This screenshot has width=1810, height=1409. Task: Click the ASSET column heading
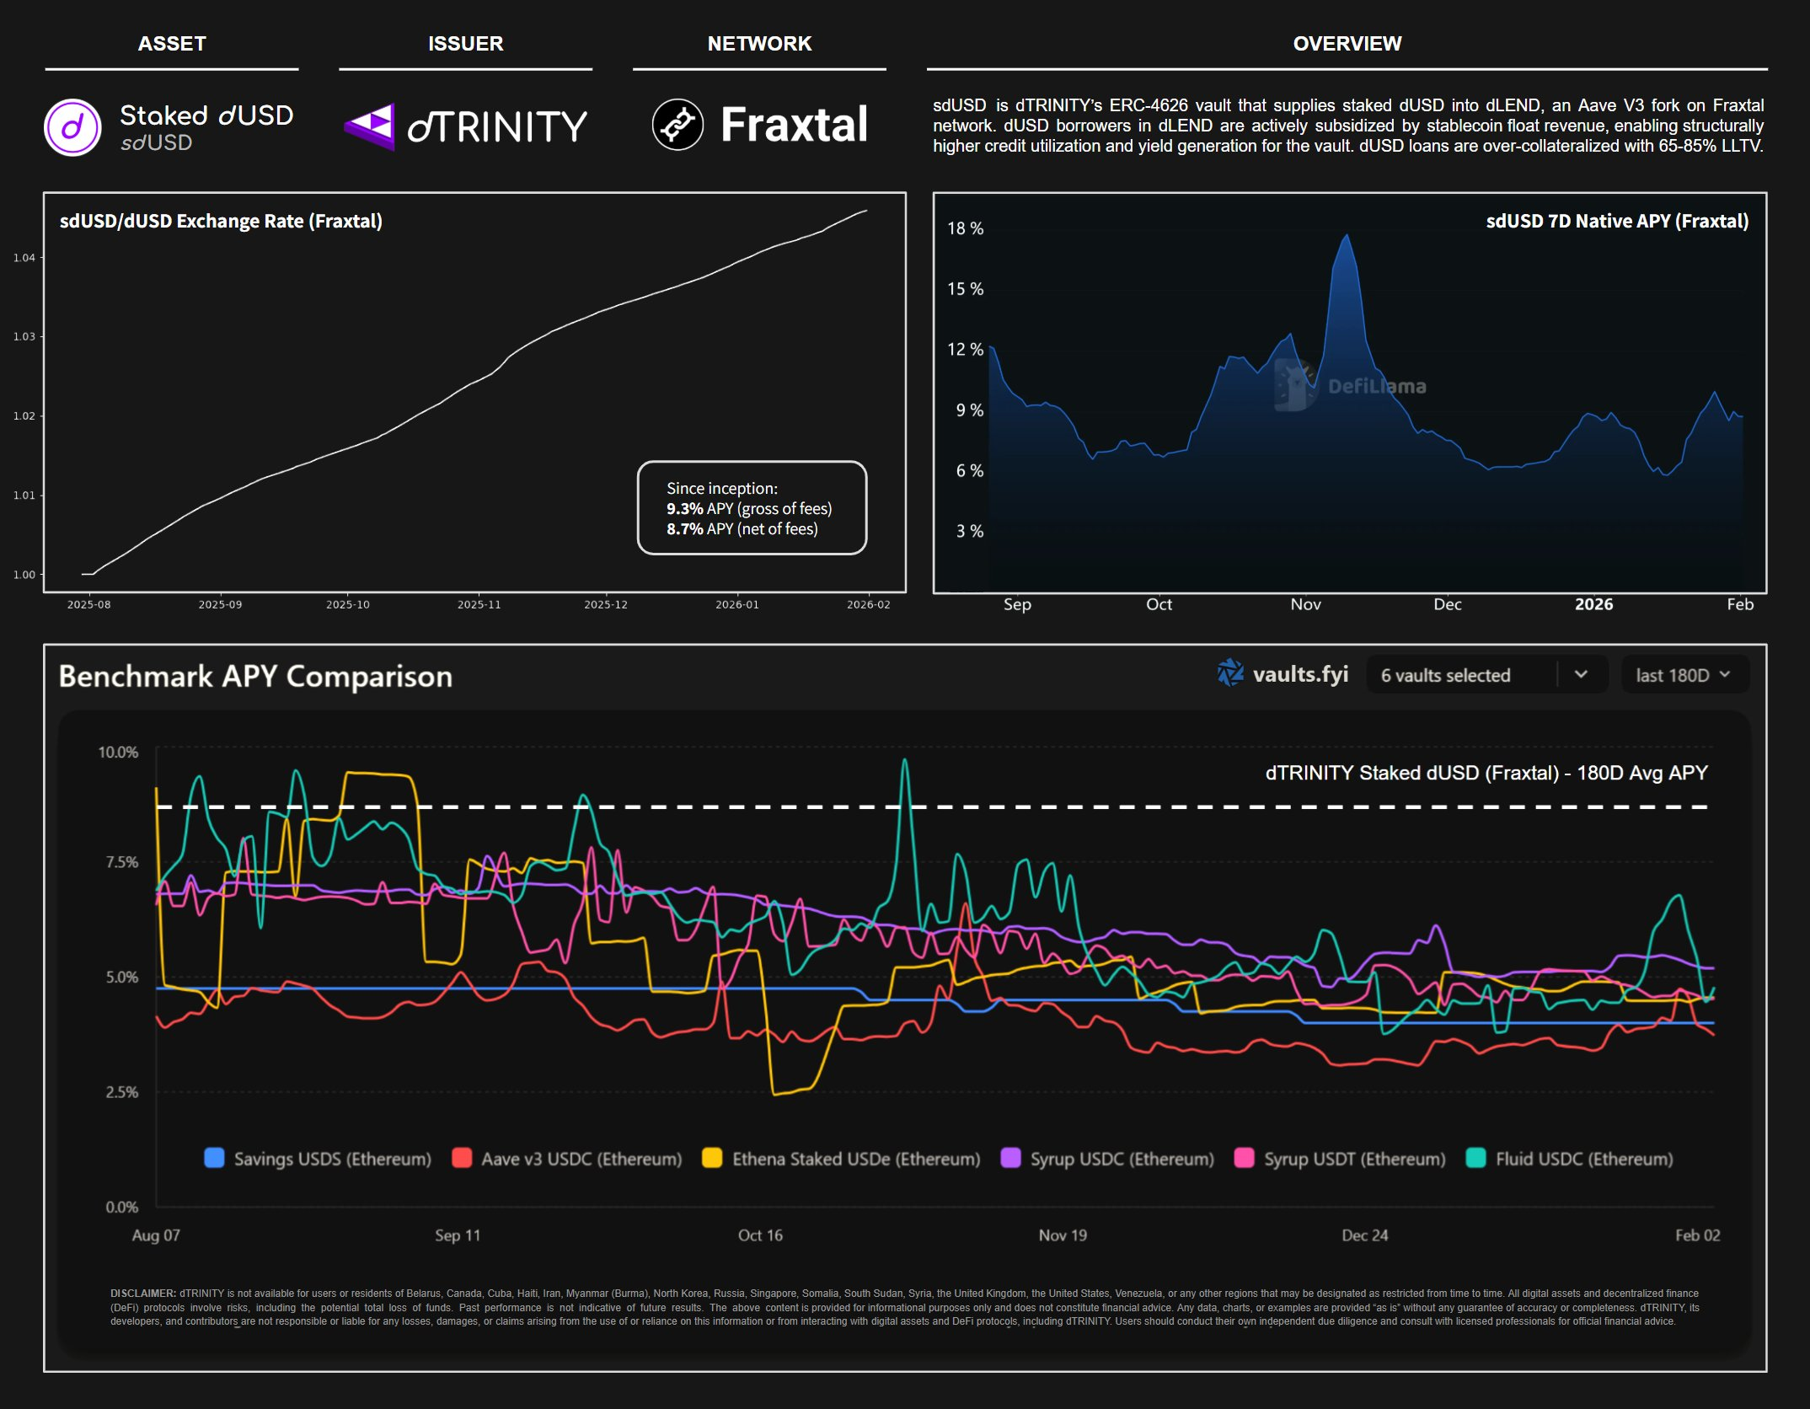click(x=172, y=44)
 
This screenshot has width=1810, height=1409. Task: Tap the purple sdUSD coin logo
click(x=72, y=127)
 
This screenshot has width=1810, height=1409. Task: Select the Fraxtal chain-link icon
click(x=677, y=125)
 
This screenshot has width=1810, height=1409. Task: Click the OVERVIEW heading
click(x=1347, y=44)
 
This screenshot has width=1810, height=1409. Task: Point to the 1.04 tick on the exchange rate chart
click(x=24, y=258)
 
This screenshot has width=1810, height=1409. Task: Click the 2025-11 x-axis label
click(x=479, y=604)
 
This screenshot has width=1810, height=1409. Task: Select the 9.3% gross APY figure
click(x=684, y=509)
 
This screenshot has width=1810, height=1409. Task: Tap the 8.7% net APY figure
click(x=684, y=529)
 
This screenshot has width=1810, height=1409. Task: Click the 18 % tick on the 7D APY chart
click(x=965, y=228)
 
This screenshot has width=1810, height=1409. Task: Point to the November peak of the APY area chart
click(x=1347, y=236)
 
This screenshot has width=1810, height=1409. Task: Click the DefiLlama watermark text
click(x=1377, y=387)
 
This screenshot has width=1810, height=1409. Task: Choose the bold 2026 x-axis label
click(x=1593, y=604)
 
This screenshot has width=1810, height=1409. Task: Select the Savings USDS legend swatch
click(x=215, y=1158)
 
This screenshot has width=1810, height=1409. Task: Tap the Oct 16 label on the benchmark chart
click(x=760, y=1235)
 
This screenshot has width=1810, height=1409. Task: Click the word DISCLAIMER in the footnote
click(x=142, y=1294)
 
